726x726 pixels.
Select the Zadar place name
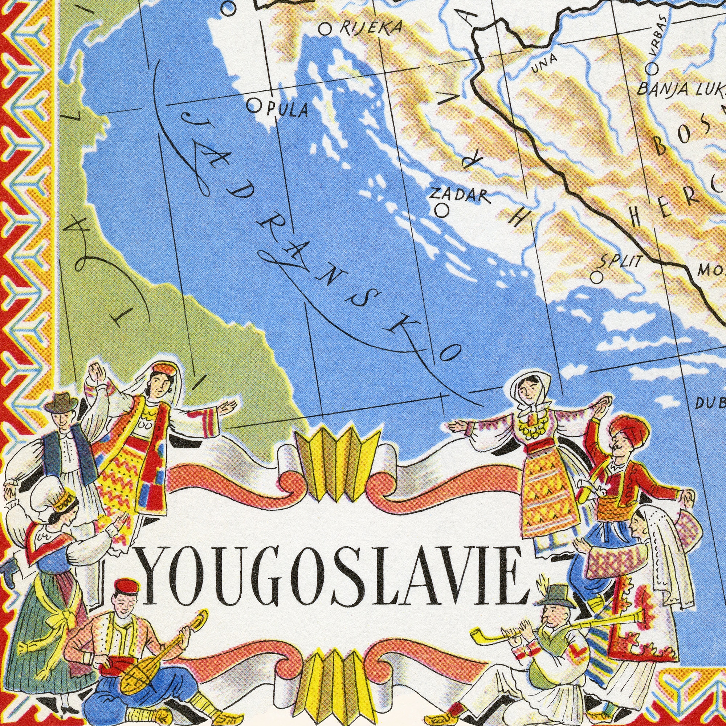[x=460, y=195]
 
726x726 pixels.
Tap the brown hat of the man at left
[x=61, y=402]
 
